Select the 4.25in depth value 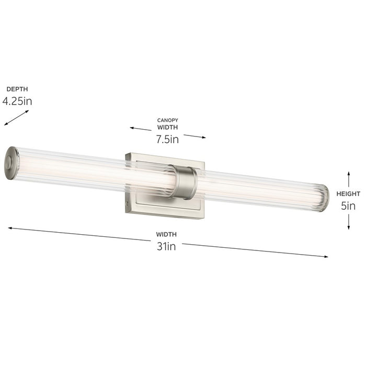pyautogui.click(x=17, y=101)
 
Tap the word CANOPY pyautogui.click(x=167, y=120)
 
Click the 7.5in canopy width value pyautogui.click(x=167, y=139)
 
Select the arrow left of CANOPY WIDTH pyautogui.click(x=142, y=128)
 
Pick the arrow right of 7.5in pyautogui.click(x=195, y=136)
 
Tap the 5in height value pyautogui.click(x=348, y=205)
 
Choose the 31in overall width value pyautogui.click(x=167, y=246)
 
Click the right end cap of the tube pyautogui.click(x=325, y=199)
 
